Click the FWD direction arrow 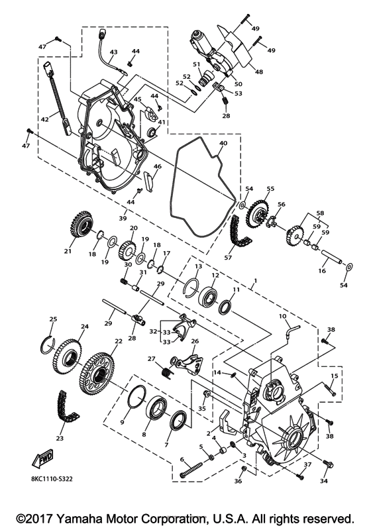click(x=43, y=458)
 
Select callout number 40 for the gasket click(x=223, y=143)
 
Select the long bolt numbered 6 click(x=193, y=466)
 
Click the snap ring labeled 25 click(x=47, y=343)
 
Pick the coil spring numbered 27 click(x=166, y=372)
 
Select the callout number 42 click(x=45, y=119)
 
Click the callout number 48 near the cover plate click(x=259, y=72)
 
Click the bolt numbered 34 click(x=328, y=464)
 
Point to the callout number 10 click(x=283, y=316)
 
